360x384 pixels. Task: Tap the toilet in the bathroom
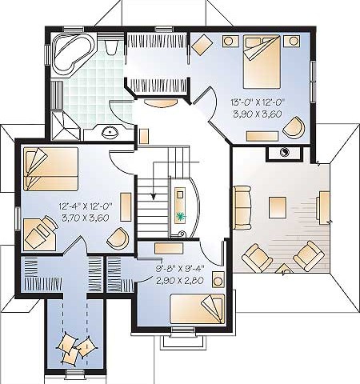[x=111, y=47]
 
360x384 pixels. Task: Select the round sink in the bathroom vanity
[x=110, y=132]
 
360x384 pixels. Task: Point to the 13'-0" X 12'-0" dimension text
[x=258, y=102]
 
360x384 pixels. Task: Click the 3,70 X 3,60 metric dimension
[x=86, y=218]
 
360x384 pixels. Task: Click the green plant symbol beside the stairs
[x=181, y=215]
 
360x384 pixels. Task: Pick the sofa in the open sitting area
[x=242, y=207]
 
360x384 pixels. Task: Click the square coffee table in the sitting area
[x=278, y=207]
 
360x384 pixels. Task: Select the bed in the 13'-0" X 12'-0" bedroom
[x=262, y=62]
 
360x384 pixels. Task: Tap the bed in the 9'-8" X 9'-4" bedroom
[x=198, y=309]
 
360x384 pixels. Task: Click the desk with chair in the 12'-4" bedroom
[x=41, y=234]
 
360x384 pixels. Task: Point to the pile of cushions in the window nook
[x=76, y=350]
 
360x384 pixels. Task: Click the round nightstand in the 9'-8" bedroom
[x=218, y=281]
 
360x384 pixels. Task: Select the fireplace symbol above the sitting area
[x=285, y=154]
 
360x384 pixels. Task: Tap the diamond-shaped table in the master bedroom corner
[x=202, y=45]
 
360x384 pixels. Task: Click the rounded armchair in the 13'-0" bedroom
[x=294, y=126]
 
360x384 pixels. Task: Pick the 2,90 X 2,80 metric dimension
[x=181, y=280]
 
